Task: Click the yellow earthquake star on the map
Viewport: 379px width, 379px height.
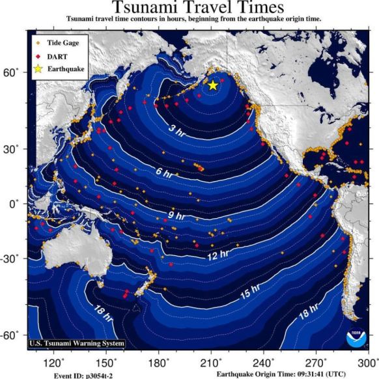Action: [212, 85]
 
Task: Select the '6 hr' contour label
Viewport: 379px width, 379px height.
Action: [165, 174]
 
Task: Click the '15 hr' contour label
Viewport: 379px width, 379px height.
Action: [249, 294]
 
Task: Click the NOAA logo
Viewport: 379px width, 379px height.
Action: [356, 337]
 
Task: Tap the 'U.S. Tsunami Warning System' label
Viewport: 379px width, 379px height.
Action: [77, 343]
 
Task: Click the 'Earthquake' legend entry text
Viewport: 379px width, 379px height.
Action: [65, 68]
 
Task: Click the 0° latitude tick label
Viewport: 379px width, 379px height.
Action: [14, 204]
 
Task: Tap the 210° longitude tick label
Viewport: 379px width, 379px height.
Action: [210, 362]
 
